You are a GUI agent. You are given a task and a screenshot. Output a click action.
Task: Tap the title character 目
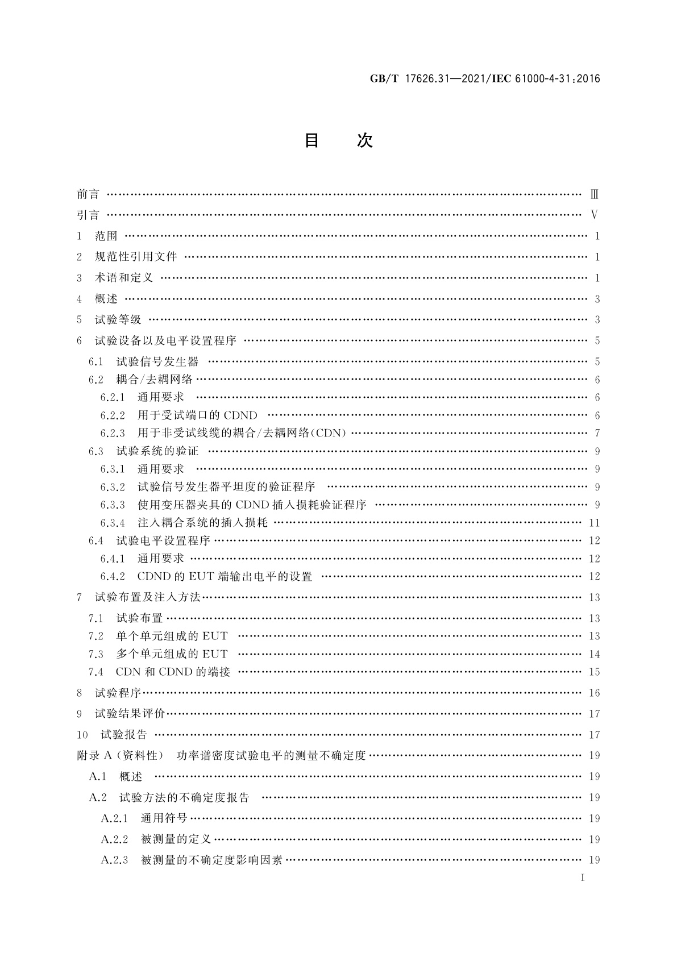[x=311, y=140]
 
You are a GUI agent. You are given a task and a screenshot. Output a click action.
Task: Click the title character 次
[x=364, y=140]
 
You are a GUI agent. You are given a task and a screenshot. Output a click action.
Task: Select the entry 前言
[x=88, y=194]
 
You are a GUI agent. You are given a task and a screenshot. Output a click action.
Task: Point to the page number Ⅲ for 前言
[x=594, y=194]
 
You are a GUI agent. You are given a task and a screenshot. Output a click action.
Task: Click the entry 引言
[x=88, y=215]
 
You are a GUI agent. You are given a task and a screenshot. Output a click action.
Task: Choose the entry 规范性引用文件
[x=136, y=257]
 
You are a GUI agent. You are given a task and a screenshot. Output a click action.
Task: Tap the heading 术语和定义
[x=124, y=278]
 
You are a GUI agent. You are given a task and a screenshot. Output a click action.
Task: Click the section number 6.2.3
[x=113, y=433]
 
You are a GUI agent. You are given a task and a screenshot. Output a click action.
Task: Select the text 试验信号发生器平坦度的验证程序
[x=226, y=487]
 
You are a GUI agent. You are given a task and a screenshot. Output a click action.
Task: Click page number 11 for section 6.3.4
[x=594, y=523]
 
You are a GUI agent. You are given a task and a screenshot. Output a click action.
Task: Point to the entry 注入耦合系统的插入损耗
[x=202, y=523]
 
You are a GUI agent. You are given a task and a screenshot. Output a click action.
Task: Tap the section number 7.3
[x=96, y=654]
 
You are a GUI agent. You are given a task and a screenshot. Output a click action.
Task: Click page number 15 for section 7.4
[x=594, y=672]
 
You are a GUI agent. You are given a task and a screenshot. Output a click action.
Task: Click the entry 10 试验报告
[x=112, y=735]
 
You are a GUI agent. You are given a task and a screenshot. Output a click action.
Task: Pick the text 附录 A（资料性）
[x=120, y=756]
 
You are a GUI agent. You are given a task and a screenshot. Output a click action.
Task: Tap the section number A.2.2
[x=115, y=839]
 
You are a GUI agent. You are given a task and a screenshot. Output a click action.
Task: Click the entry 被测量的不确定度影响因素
[x=211, y=860]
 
